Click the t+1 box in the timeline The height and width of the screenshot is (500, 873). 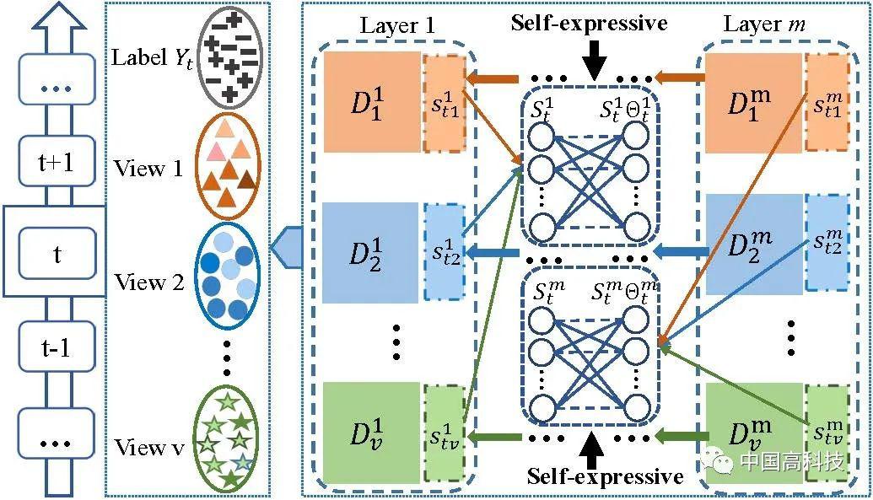(x=57, y=162)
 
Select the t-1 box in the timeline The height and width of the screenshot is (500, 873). (x=57, y=347)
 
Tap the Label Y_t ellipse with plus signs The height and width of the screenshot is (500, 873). (x=229, y=59)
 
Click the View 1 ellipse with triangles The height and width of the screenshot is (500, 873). (x=229, y=166)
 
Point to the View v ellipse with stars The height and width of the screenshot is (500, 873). (x=226, y=439)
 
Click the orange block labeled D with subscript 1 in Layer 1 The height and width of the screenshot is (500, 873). (x=372, y=102)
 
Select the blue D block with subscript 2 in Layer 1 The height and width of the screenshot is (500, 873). (x=370, y=253)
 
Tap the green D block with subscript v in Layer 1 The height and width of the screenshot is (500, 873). (x=371, y=432)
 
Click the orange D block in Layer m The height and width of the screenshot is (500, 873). (x=753, y=103)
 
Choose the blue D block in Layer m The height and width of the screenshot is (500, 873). (x=754, y=245)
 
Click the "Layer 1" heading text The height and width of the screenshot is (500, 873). (x=397, y=25)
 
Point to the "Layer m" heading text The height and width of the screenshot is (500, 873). (x=764, y=24)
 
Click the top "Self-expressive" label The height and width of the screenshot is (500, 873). (x=589, y=23)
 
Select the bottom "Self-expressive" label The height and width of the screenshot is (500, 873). (x=605, y=476)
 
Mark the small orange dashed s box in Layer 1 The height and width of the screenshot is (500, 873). (x=445, y=104)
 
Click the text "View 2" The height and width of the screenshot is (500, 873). (x=148, y=282)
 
